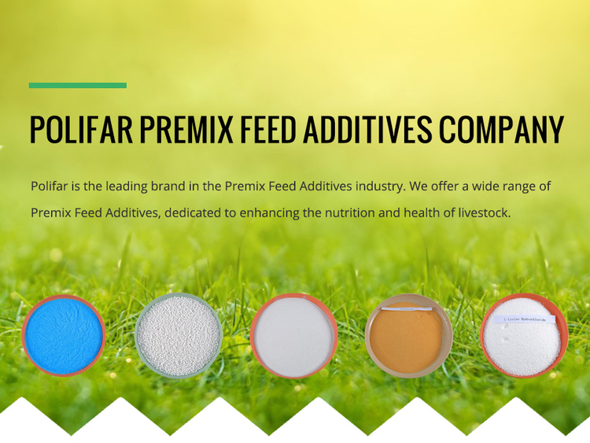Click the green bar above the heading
click(78, 85)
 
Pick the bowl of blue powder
click(64, 336)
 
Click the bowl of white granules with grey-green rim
click(179, 336)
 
